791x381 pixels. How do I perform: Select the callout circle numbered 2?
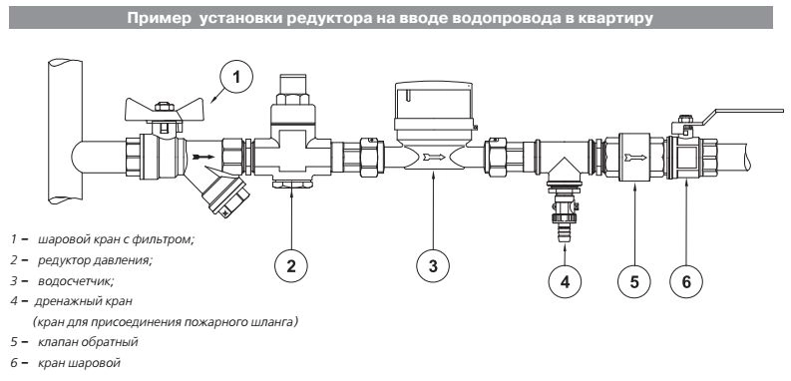[291, 265]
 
